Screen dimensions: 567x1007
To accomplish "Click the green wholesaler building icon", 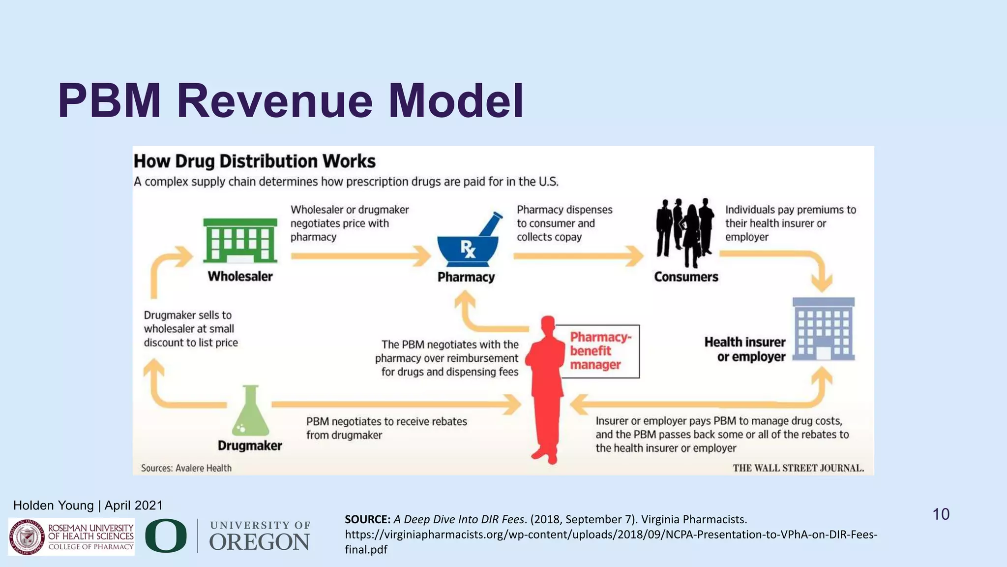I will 240,241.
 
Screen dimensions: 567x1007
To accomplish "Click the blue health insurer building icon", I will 824,329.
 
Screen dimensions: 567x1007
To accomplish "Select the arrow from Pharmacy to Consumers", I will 578,256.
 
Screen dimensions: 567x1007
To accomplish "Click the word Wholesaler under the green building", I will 240,276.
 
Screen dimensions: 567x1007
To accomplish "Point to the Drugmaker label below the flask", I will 250,445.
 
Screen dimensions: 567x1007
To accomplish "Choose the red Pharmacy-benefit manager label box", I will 600,351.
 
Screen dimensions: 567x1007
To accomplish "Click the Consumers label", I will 686,277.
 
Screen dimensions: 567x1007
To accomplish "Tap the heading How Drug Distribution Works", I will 255,161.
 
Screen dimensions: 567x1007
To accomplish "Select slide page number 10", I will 941,514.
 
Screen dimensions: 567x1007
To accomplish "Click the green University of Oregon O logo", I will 166,535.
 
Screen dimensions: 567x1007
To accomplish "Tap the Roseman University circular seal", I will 27,537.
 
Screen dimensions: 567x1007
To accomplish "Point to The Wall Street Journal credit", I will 798,468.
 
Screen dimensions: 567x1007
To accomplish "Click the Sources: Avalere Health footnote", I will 186,468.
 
